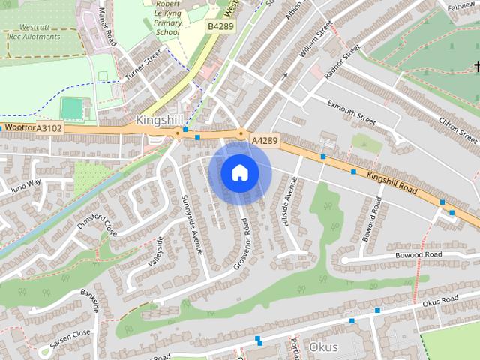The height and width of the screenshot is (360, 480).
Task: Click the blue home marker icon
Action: coord(239,172)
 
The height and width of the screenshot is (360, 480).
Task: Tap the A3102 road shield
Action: coord(49,128)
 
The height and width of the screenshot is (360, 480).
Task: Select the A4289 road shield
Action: coord(265,140)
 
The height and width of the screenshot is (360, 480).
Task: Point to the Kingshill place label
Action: coord(160,120)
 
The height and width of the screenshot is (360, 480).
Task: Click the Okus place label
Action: coord(323,347)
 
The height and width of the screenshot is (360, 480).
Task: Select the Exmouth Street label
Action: coord(350,111)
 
